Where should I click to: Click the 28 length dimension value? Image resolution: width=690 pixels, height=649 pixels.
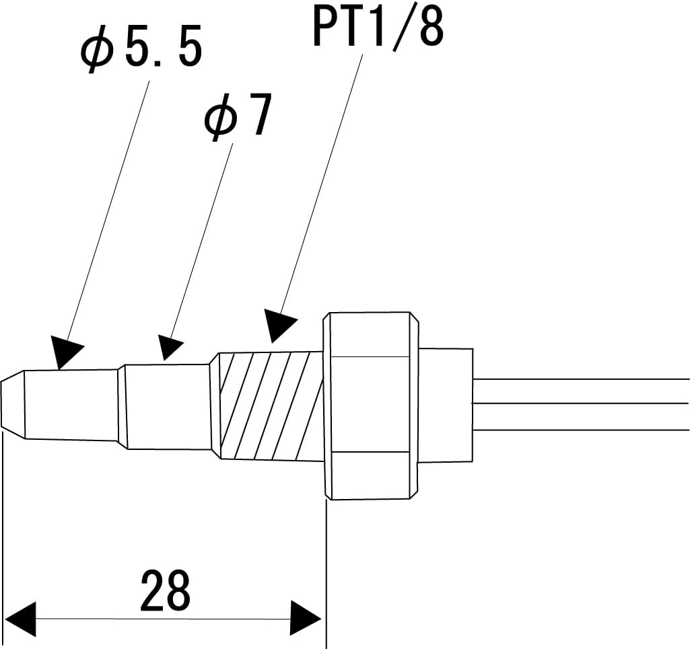click(166, 590)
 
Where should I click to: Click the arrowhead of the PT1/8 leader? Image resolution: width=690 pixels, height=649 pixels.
click(279, 326)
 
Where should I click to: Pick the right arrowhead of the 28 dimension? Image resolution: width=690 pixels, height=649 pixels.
click(306, 619)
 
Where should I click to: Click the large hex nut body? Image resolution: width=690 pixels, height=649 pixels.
click(369, 405)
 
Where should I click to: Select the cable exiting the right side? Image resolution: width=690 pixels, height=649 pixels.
click(579, 404)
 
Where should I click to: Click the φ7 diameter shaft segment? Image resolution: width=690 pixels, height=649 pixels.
click(166, 406)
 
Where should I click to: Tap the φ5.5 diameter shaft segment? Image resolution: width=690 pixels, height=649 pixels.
click(71, 404)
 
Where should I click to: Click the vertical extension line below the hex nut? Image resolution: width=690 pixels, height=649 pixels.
click(326, 572)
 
